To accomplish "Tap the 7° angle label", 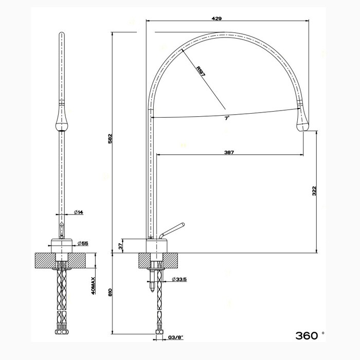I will tap(226, 118).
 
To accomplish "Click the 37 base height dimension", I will tap(121, 246).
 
